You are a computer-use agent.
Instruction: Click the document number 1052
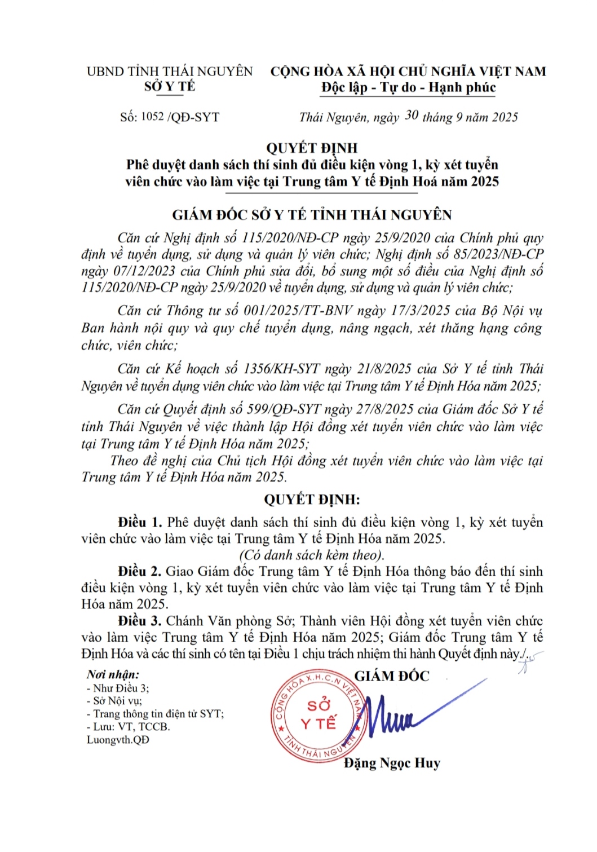[x=152, y=117]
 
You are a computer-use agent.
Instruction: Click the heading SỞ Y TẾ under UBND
[x=170, y=86]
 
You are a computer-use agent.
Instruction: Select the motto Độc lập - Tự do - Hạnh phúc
[x=409, y=87]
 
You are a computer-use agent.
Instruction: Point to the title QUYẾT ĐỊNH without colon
[x=312, y=148]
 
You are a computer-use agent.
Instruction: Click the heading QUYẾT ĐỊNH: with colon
[x=312, y=500]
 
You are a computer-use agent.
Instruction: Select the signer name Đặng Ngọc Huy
[x=392, y=763]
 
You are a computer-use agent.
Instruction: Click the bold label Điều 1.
[x=140, y=522]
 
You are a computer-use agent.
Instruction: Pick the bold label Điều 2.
[x=140, y=571]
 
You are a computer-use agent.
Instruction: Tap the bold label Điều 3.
[x=140, y=621]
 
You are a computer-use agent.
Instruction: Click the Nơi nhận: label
[x=113, y=674]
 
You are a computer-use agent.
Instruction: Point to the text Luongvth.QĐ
[x=118, y=740]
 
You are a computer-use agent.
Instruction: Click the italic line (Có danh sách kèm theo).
[x=312, y=555]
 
